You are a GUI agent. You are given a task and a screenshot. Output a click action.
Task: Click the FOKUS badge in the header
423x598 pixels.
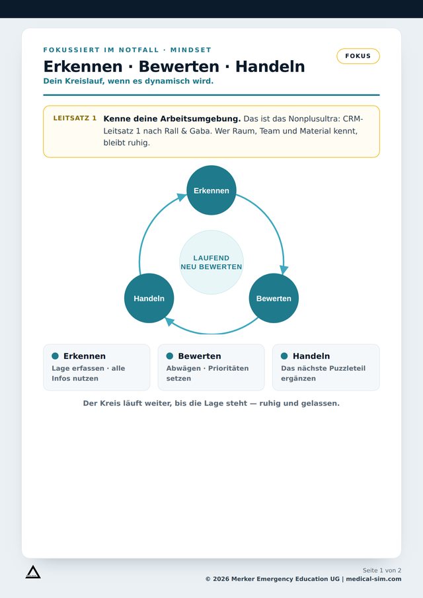tap(358, 56)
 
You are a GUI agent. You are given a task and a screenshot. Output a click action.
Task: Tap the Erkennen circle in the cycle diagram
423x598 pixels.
tap(211, 190)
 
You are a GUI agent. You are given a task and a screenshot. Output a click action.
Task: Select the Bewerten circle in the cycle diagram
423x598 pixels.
tap(274, 298)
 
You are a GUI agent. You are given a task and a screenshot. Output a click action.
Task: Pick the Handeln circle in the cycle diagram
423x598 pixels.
tap(149, 298)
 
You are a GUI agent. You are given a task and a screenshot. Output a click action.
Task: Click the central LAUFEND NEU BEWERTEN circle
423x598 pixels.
tap(211, 262)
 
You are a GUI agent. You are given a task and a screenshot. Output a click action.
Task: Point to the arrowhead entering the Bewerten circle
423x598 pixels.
tap(284, 270)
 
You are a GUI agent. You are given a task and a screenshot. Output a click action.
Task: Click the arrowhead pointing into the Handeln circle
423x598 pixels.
tap(170, 322)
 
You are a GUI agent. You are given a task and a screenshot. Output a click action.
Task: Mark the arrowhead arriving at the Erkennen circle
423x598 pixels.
tap(182, 198)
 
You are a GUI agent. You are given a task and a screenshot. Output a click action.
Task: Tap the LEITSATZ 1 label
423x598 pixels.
tap(75, 118)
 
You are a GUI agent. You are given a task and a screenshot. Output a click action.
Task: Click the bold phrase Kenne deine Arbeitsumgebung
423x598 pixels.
tap(172, 118)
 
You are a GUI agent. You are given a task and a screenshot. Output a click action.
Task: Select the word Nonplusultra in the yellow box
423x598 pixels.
tap(313, 118)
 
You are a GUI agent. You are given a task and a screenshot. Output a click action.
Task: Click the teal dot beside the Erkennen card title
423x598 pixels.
tap(56, 355)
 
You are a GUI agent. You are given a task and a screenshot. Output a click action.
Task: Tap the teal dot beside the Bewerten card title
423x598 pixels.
tap(170, 355)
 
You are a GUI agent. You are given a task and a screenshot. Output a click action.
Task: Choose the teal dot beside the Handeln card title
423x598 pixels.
tap(284, 355)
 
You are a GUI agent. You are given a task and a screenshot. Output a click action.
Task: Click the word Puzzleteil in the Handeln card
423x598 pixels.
tap(348, 369)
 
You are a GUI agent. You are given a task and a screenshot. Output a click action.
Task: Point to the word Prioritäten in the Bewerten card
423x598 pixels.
tap(229, 369)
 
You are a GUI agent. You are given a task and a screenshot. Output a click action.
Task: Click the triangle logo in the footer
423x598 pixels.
tap(33, 572)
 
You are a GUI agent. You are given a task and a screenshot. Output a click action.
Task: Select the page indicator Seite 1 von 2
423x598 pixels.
tap(382, 570)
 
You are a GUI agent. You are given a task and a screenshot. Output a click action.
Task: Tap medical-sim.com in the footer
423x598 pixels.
tap(374, 579)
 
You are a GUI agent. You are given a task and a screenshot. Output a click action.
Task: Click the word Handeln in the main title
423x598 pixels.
tap(270, 66)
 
